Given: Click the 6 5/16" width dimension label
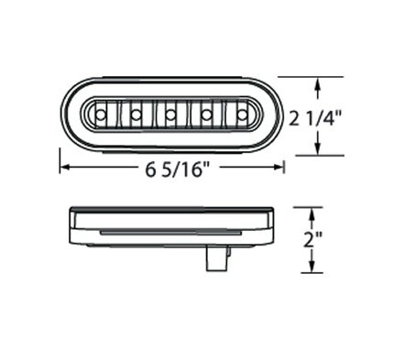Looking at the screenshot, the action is pyautogui.click(x=175, y=169).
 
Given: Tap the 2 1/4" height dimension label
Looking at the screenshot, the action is pyautogui.click(x=315, y=118).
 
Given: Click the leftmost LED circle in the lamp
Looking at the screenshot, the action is pyautogui.click(x=100, y=115).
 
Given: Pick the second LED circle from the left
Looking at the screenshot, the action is pyautogui.click(x=136, y=115).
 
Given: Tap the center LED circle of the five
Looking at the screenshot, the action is pyautogui.click(x=170, y=115).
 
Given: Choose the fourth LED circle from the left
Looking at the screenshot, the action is pyautogui.click(x=207, y=115).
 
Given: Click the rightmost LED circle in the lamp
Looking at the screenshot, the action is pyautogui.click(x=243, y=115).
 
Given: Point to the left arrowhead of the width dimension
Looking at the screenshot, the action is pyautogui.click(x=66, y=167).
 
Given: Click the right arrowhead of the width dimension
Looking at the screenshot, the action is pyautogui.click(x=278, y=167).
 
